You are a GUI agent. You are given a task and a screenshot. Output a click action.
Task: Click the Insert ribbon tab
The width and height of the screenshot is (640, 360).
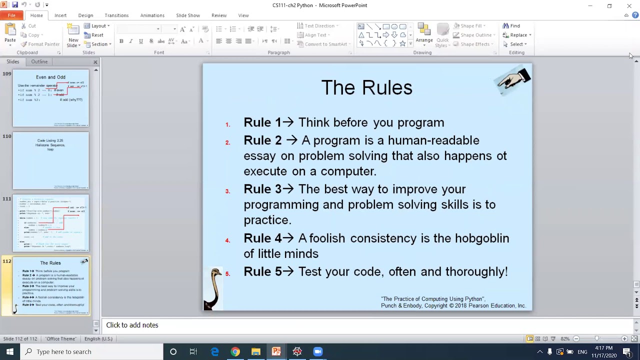pyautogui.click(x=60, y=15)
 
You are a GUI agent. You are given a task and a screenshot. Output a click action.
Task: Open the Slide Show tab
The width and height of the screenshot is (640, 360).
pyautogui.click(x=188, y=15)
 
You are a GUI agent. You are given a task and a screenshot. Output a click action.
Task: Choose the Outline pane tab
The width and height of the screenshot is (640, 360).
pyautogui.click(x=39, y=61)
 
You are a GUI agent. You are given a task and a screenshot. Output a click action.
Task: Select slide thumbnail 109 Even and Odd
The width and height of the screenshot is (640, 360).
pyautogui.click(x=50, y=98)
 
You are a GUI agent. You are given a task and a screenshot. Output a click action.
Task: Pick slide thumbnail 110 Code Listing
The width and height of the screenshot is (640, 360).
pyautogui.click(x=50, y=160)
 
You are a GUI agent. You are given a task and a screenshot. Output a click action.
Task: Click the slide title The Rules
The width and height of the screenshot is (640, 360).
pyautogui.click(x=366, y=87)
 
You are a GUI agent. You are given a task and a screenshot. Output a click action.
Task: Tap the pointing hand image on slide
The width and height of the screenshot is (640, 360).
pyautogui.click(x=513, y=80)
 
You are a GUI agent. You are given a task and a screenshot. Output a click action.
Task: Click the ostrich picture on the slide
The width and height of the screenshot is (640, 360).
pyautogui.click(x=214, y=289)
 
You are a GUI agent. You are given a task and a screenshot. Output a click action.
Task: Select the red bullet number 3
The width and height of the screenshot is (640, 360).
pyautogui.click(x=227, y=191)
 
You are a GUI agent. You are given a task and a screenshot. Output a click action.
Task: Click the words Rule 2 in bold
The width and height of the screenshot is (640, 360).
pyautogui.click(x=262, y=140)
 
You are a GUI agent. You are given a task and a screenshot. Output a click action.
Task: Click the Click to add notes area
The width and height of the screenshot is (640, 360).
pyautogui.click(x=132, y=325)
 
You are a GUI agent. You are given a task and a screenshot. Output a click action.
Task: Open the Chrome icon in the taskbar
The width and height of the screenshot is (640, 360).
pyautogui.click(x=235, y=351)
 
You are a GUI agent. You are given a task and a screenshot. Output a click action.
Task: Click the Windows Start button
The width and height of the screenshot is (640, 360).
pyautogui.click(x=10, y=351)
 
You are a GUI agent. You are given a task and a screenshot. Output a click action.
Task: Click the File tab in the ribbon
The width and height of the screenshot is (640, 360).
pyautogui.click(x=11, y=15)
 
